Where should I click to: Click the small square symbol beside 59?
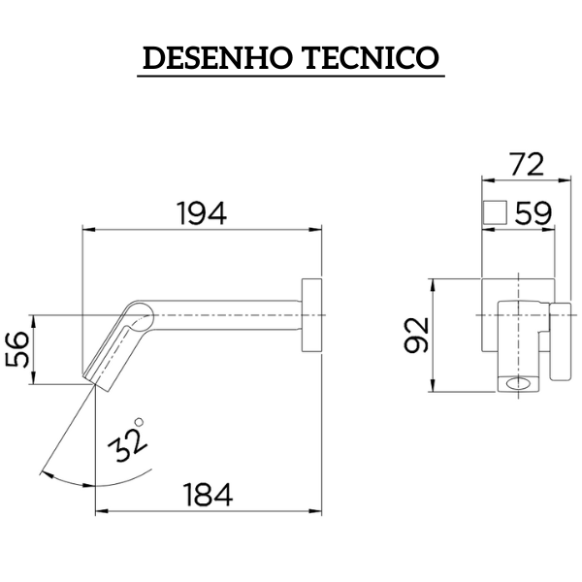point(496,212)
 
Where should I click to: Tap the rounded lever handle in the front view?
point(561,344)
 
